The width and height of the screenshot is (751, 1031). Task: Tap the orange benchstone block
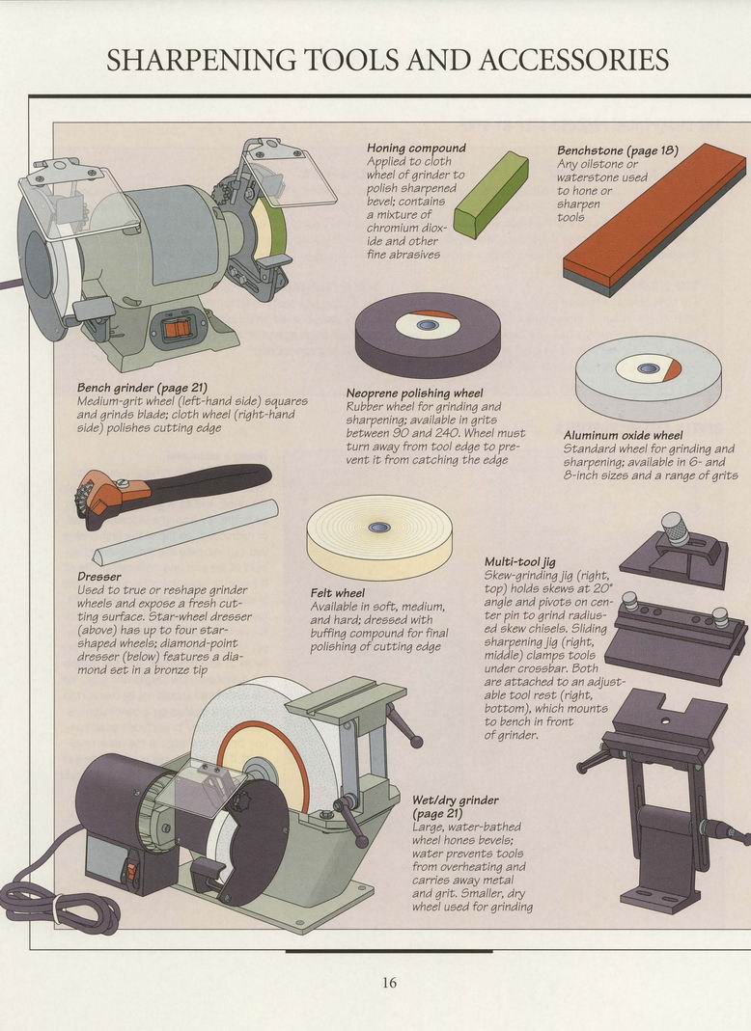[x=654, y=219]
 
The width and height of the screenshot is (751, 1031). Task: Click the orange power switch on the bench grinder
[x=175, y=328]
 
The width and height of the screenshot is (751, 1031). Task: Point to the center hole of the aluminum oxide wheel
[x=646, y=368]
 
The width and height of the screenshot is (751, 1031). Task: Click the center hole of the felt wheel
[x=377, y=527]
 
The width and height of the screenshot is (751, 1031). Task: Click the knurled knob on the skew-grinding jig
[x=676, y=529]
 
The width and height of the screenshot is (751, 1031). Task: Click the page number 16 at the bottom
[x=389, y=983]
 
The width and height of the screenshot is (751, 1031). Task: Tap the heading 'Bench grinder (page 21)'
[x=142, y=388]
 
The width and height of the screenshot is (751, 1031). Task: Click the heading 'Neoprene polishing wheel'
[x=415, y=393]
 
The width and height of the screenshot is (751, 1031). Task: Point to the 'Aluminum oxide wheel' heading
[x=623, y=435]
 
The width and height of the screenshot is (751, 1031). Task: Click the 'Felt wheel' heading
[x=337, y=593]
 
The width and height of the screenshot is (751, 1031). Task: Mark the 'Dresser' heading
[x=99, y=577]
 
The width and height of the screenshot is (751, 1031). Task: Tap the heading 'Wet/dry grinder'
[x=456, y=800]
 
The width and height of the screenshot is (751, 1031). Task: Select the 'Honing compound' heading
[x=416, y=148]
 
